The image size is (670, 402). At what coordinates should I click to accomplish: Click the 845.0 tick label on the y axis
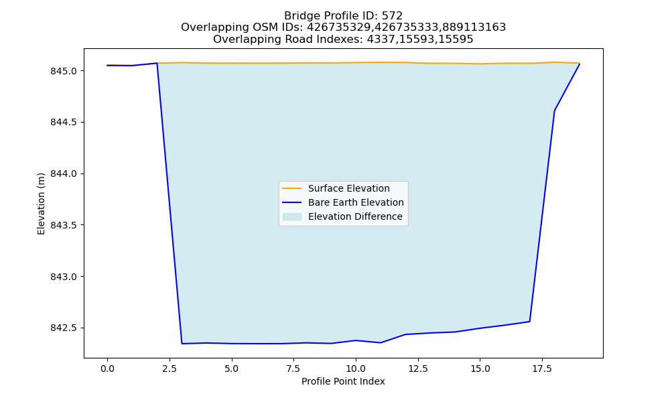point(64,71)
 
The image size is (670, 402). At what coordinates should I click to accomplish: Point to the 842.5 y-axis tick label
point(64,328)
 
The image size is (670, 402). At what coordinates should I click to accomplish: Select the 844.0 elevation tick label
point(64,174)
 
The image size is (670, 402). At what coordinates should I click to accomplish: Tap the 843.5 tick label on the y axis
point(64,225)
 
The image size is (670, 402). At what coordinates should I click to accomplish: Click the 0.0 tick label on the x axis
point(107,368)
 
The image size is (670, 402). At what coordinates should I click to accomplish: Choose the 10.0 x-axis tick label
point(356,368)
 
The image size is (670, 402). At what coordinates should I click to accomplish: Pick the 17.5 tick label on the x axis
point(542,368)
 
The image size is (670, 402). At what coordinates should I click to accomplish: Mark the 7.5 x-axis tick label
point(293,368)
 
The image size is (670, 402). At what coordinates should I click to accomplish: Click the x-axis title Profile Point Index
point(343,381)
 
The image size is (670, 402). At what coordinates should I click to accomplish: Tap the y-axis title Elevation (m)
point(41,204)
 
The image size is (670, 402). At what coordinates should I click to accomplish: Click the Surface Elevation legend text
point(348,188)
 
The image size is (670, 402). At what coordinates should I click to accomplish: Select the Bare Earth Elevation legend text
point(356,202)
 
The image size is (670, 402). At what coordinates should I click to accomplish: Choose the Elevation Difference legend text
point(355,216)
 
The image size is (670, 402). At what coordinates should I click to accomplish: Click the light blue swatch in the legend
point(292,216)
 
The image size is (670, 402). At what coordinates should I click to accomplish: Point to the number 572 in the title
point(392,16)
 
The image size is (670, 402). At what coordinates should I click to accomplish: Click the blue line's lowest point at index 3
point(182,344)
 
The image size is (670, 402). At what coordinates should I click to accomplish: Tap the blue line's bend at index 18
point(554,111)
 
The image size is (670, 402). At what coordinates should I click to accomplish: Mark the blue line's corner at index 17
point(529,321)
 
